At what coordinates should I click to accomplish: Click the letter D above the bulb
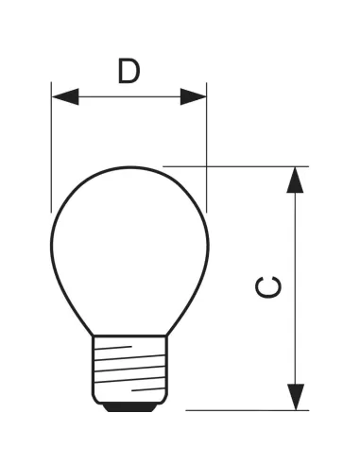(x=129, y=71)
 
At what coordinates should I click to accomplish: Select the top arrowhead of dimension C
(x=297, y=180)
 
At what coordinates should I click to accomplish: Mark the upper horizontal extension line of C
(x=236, y=166)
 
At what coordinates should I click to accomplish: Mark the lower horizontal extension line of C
(x=246, y=410)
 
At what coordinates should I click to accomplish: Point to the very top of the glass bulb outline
(x=129, y=167)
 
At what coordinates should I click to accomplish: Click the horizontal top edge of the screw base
(x=129, y=336)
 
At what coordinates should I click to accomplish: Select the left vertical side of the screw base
(x=93, y=369)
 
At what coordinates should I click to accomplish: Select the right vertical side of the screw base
(x=166, y=369)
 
